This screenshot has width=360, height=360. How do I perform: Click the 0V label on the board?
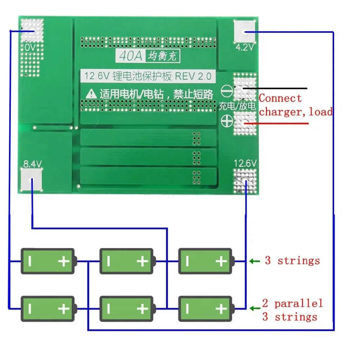[30, 48]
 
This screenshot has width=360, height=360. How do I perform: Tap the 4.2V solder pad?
[246, 32]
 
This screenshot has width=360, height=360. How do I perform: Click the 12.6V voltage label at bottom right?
[246, 163]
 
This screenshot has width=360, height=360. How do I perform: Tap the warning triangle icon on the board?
[90, 94]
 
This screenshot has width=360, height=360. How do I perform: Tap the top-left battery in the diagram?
[48, 261]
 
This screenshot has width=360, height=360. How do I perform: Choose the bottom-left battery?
[48, 309]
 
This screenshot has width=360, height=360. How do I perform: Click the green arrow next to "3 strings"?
[255, 261]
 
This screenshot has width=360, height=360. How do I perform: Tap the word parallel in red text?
[298, 304]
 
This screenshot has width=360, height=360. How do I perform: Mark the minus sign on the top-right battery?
[188, 261]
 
